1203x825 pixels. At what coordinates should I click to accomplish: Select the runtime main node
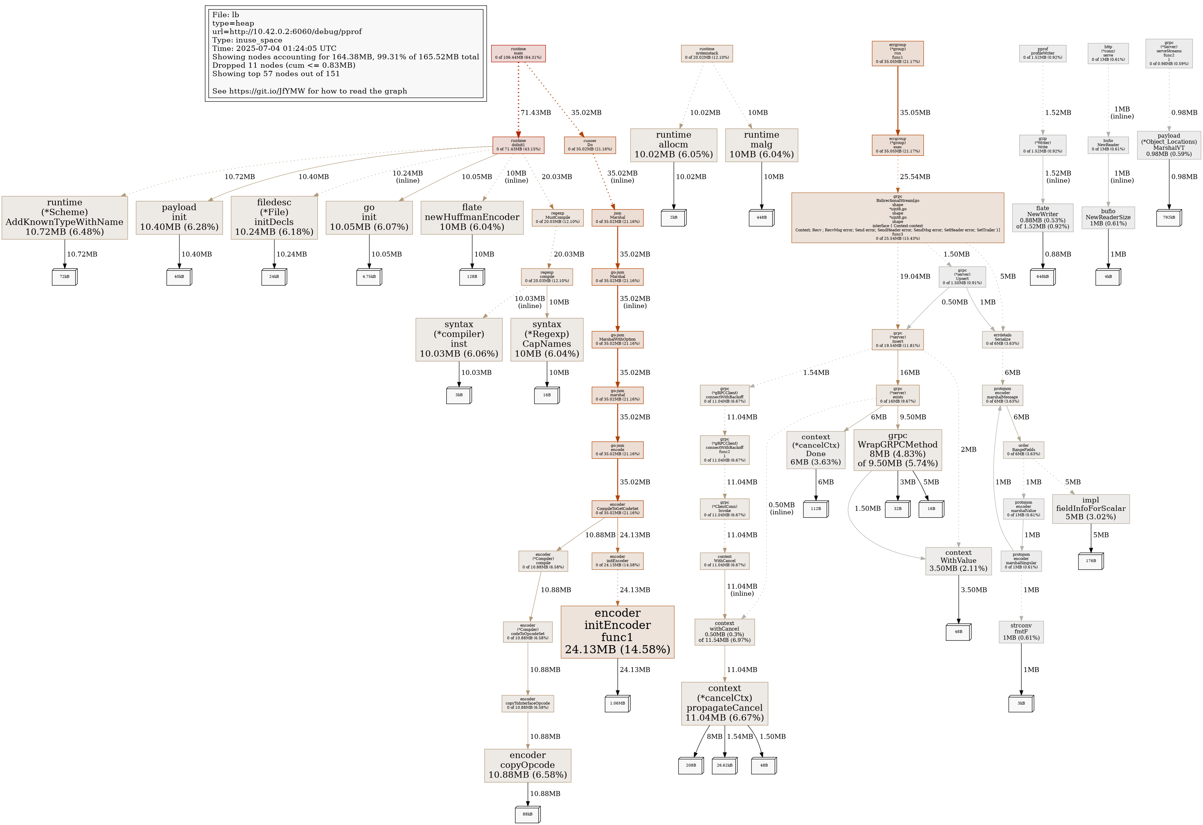click(x=518, y=53)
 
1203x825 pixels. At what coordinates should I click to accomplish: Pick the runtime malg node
click(x=761, y=145)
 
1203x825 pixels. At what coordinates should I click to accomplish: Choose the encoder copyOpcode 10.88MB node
click(x=528, y=765)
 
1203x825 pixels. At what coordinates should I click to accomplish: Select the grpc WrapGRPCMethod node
click(x=897, y=450)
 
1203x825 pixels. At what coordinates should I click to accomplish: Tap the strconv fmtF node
click(x=1021, y=632)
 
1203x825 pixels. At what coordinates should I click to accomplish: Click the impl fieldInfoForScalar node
click(x=1091, y=508)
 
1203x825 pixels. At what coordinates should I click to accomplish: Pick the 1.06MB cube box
click(x=617, y=703)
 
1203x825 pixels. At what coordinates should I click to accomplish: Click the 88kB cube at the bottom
click(x=528, y=814)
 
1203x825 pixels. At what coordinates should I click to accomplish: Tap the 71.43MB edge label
click(x=535, y=112)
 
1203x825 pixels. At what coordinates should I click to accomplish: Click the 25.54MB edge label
click(x=915, y=177)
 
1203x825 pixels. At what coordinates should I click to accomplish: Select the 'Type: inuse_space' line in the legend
click(x=247, y=40)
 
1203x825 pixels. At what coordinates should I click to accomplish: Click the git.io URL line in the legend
click(x=309, y=91)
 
